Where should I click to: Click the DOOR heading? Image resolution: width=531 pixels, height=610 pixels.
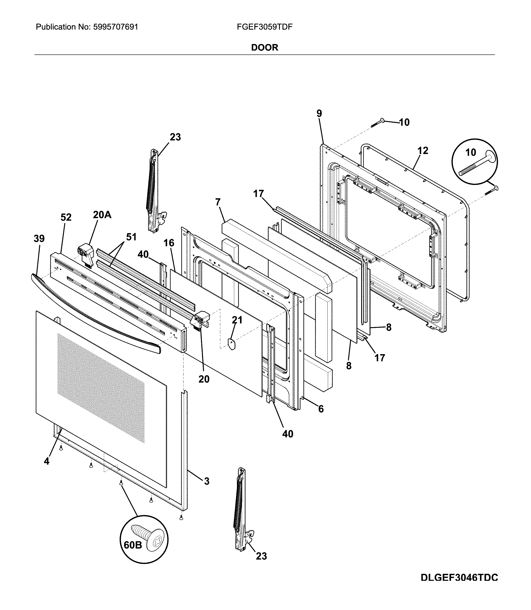point(264,48)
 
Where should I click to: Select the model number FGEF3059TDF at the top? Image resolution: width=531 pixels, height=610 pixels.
point(264,27)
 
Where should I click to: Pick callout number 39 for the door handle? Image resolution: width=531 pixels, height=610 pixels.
point(39,238)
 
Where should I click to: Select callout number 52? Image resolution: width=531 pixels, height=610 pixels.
point(66,217)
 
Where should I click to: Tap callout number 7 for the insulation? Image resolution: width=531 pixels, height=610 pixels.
point(218,202)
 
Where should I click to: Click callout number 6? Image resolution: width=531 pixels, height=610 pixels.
point(321,409)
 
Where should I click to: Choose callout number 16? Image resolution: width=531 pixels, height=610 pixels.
point(169,243)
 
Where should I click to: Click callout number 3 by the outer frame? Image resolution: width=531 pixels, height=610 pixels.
point(206,481)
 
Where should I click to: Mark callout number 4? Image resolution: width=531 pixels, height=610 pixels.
point(46,461)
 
